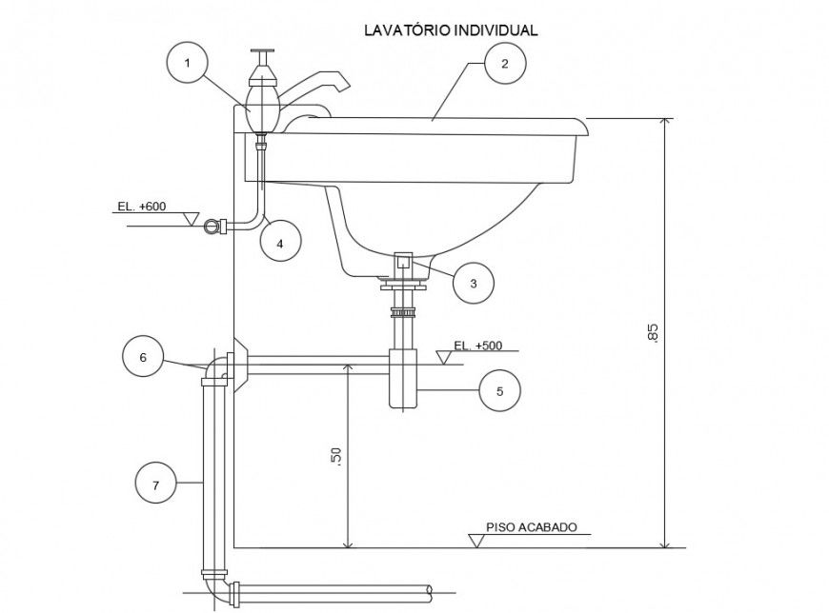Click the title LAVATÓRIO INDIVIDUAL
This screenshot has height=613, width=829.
point(452,30)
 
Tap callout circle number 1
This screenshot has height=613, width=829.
point(188,64)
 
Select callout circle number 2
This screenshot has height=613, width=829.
point(504,64)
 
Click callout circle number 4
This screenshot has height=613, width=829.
point(280,244)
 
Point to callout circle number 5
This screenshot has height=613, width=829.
point(500,389)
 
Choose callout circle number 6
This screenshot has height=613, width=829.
point(144,357)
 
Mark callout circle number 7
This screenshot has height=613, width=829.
point(156,485)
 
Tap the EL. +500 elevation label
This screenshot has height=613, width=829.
point(477,346)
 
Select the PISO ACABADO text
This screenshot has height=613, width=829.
point(532,527)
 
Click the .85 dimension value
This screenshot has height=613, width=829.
point(652,332)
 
